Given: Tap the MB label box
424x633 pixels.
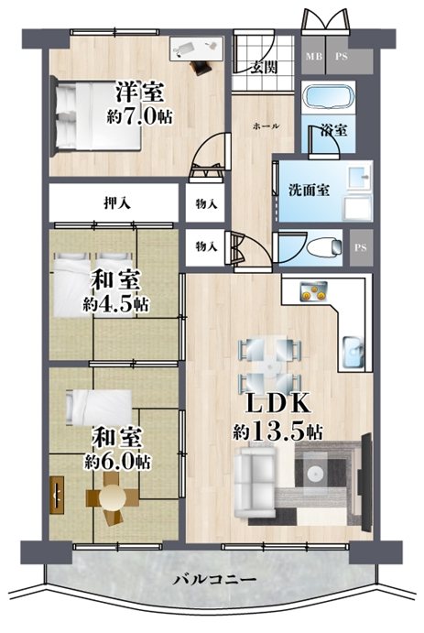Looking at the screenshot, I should [x=314, y=57].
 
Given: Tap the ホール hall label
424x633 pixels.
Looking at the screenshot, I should [x=265, y=125].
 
